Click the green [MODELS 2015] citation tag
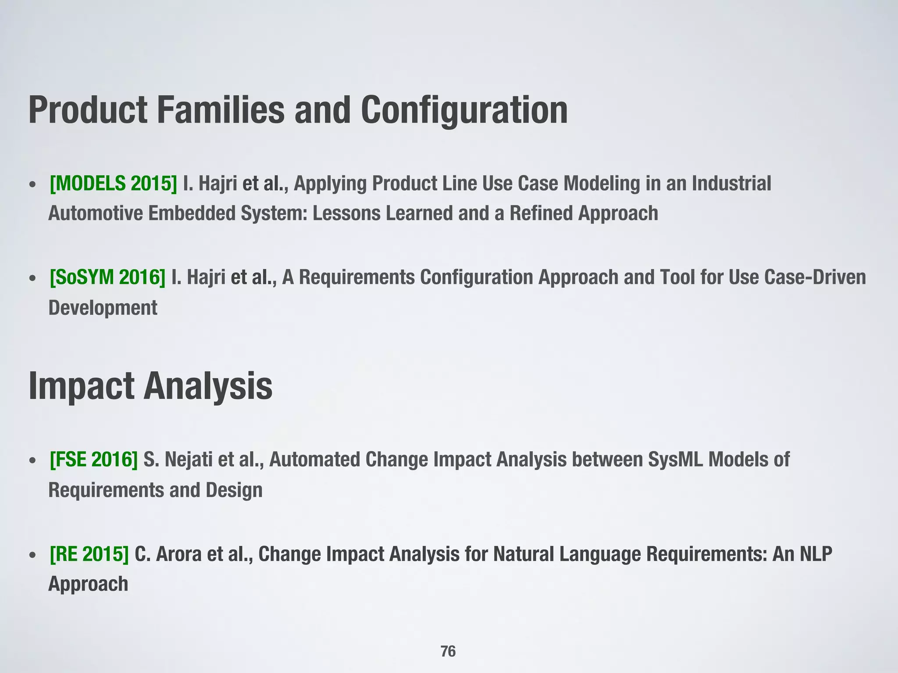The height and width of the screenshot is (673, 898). pyautogui.click(x=113, y=184)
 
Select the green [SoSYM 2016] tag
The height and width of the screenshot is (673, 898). pyautogui.click(x=107, y=277)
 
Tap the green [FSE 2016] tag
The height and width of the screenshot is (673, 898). pyautogui.click(x=94, y=460)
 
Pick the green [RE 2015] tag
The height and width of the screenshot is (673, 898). pyautogui.click(x=89, y=554)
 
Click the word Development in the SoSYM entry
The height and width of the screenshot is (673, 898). pyautogui.click(x=103, y=308)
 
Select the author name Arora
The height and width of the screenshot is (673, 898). pyautogui.click(x=178, y=554)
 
